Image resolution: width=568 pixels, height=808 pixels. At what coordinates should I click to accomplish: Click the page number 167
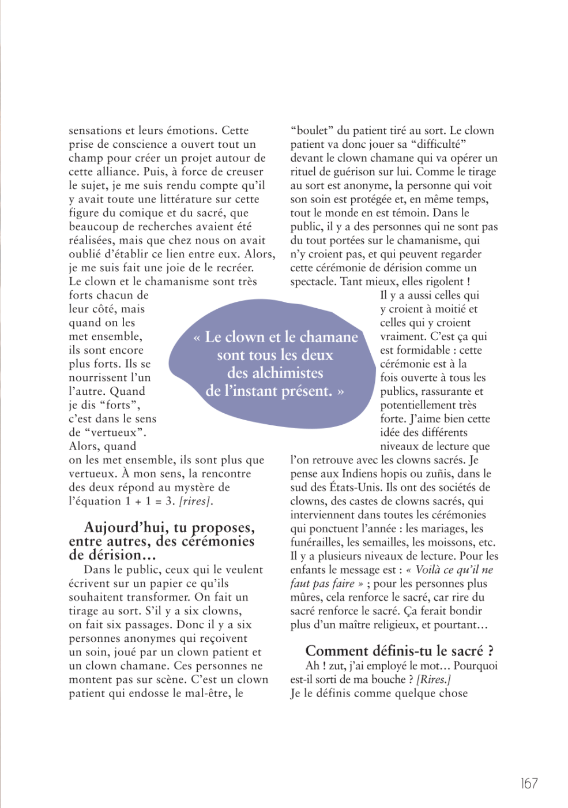click(529, 783)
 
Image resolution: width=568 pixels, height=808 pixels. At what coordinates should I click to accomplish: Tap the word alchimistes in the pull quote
click(275, 373)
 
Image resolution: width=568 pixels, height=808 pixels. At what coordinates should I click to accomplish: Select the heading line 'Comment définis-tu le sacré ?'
click(399, 651)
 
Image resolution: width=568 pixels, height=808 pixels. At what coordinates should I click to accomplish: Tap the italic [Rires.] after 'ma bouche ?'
click(434, 679)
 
